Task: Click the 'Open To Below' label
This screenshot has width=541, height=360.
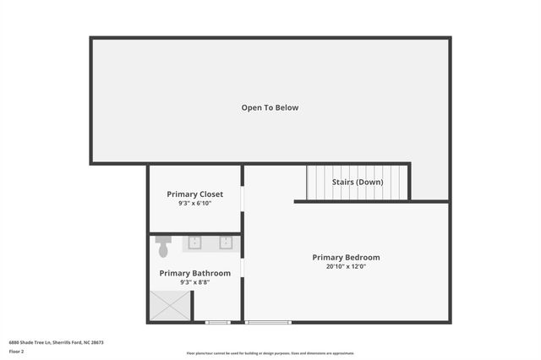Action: pyautogui.click(x=270, y=107)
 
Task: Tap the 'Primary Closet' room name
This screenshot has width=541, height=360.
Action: pyautogui.click(x=194, y=194)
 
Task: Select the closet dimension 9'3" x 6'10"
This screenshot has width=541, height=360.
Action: pyautogui.click(x=194, y=204)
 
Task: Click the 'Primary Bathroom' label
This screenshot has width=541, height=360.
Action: pyautogui.click(x=194, y=273)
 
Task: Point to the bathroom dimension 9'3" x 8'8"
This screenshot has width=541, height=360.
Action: pyautogui.click(x=194, y=282)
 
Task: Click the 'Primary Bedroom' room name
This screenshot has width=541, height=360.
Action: pyautogui.click(x=346, y=257)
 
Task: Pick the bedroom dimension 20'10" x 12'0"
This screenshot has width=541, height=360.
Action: pyautogui.click(x=346, y=266)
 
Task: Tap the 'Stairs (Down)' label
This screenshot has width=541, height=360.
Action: pyautogui.click(x=357, y=182)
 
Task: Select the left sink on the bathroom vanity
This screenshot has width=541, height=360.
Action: pyautogui.click(x=194, y=243)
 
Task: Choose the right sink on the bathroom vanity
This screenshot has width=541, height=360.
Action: pyautogui.click(x=226, y=243)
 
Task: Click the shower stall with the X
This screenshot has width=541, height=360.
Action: pyautogui.click(x=170, y=305)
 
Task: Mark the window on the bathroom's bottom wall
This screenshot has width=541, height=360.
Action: pyautogui.click(x=218, y=322)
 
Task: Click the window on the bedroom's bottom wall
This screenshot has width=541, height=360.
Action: pyautogui.click(x=268, y=322)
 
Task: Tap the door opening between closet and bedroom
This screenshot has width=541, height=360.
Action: pyautogui.click(x=243, y=198)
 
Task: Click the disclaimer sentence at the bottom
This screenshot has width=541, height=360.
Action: pyautogui.click(x=270, y=353)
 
